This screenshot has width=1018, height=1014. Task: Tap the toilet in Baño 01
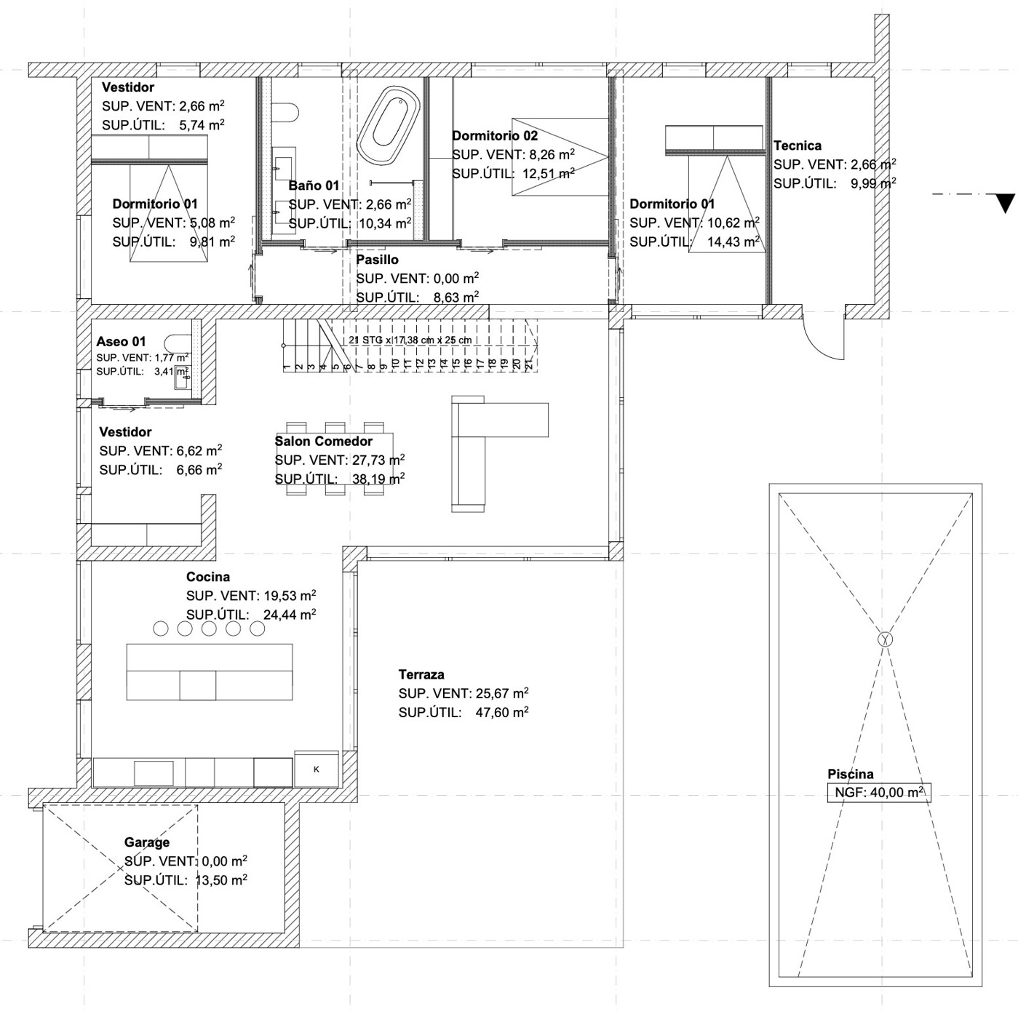coord(286,112)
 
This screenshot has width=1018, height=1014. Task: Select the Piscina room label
coord(850,774)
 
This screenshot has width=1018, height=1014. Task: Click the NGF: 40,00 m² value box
coord(878,792)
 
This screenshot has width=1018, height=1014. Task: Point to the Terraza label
coord(421,674)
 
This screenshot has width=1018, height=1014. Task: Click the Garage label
coord(147,842)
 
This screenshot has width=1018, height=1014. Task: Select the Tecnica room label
coord(798,145)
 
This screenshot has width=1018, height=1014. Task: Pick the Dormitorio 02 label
coord(495,135)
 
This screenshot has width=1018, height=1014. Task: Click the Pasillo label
coord(377,260)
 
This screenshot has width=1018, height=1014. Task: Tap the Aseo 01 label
coord(121,341)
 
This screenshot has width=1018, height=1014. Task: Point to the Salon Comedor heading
coord(323,441)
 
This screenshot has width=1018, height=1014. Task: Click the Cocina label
coord(208,577)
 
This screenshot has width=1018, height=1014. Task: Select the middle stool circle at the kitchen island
coord(209,628)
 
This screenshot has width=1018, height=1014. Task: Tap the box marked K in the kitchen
coord(317,769)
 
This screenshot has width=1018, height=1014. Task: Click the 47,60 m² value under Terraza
coord(501,712)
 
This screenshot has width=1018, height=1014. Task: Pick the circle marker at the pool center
coord(885,639)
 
